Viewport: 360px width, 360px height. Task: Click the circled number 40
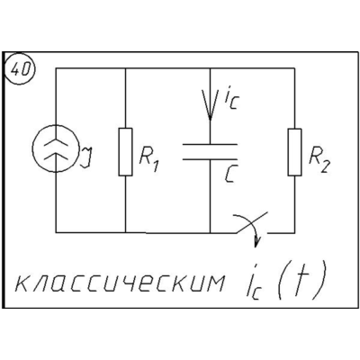21,69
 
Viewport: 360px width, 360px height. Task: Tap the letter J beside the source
86,157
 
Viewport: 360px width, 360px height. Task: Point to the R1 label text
148,162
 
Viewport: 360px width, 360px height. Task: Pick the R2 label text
319,164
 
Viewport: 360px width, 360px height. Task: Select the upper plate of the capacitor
210,145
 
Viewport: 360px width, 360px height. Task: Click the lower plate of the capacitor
210,159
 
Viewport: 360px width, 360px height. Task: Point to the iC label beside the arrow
230,99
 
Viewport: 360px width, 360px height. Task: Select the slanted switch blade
251,222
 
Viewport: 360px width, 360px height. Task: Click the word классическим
120,283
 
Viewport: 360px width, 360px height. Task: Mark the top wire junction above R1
125,68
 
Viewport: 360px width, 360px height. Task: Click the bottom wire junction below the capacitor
210,232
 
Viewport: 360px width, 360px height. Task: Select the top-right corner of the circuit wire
294,68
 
